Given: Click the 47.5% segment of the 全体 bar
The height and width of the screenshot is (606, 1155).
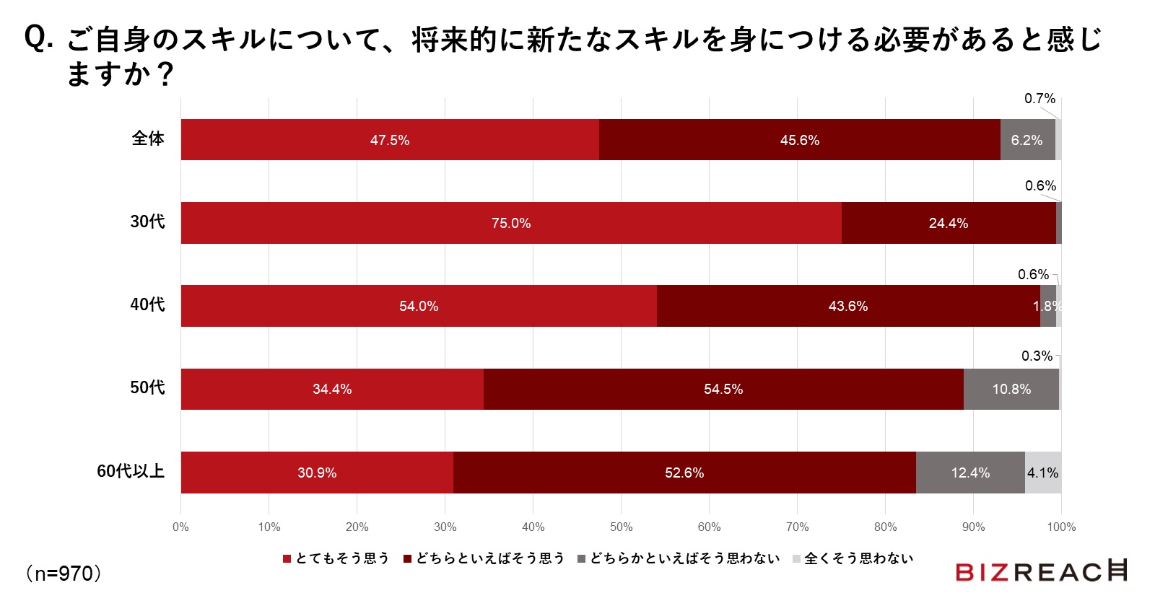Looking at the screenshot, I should pos(390,140).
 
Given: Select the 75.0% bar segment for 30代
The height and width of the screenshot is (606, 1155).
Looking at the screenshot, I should pos(511,223).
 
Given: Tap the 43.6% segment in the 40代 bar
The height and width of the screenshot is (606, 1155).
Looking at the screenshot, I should pos(848,306).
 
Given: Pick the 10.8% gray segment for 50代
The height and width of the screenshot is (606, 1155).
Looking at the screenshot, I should pos(1011,390).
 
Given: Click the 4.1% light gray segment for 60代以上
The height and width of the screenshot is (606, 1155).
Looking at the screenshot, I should pos(1043,473).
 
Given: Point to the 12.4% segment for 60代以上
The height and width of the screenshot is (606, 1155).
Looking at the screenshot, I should pos(970,473).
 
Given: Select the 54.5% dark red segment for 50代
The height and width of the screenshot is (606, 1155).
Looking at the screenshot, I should pos(723,390).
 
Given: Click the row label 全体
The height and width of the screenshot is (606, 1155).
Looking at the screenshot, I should pos(148,139).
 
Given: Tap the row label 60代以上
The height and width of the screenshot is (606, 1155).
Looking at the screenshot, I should pos(131,471).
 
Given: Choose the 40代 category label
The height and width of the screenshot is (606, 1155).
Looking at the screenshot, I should pos(147,304).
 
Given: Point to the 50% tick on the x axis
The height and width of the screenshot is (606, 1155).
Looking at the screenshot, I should pos(621,527).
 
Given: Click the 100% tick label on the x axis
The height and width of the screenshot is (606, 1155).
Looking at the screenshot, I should pos(1061,527).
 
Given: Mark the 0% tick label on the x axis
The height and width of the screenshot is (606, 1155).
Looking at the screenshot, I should pos(180,527).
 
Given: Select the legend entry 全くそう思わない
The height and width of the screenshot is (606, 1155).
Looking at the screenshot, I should pos(853,558).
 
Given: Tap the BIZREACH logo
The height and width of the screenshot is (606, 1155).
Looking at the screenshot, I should pos(1041,571).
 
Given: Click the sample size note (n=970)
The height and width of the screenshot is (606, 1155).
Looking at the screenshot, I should pos(64,574).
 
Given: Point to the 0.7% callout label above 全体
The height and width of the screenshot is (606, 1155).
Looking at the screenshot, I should pos(1039,99).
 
